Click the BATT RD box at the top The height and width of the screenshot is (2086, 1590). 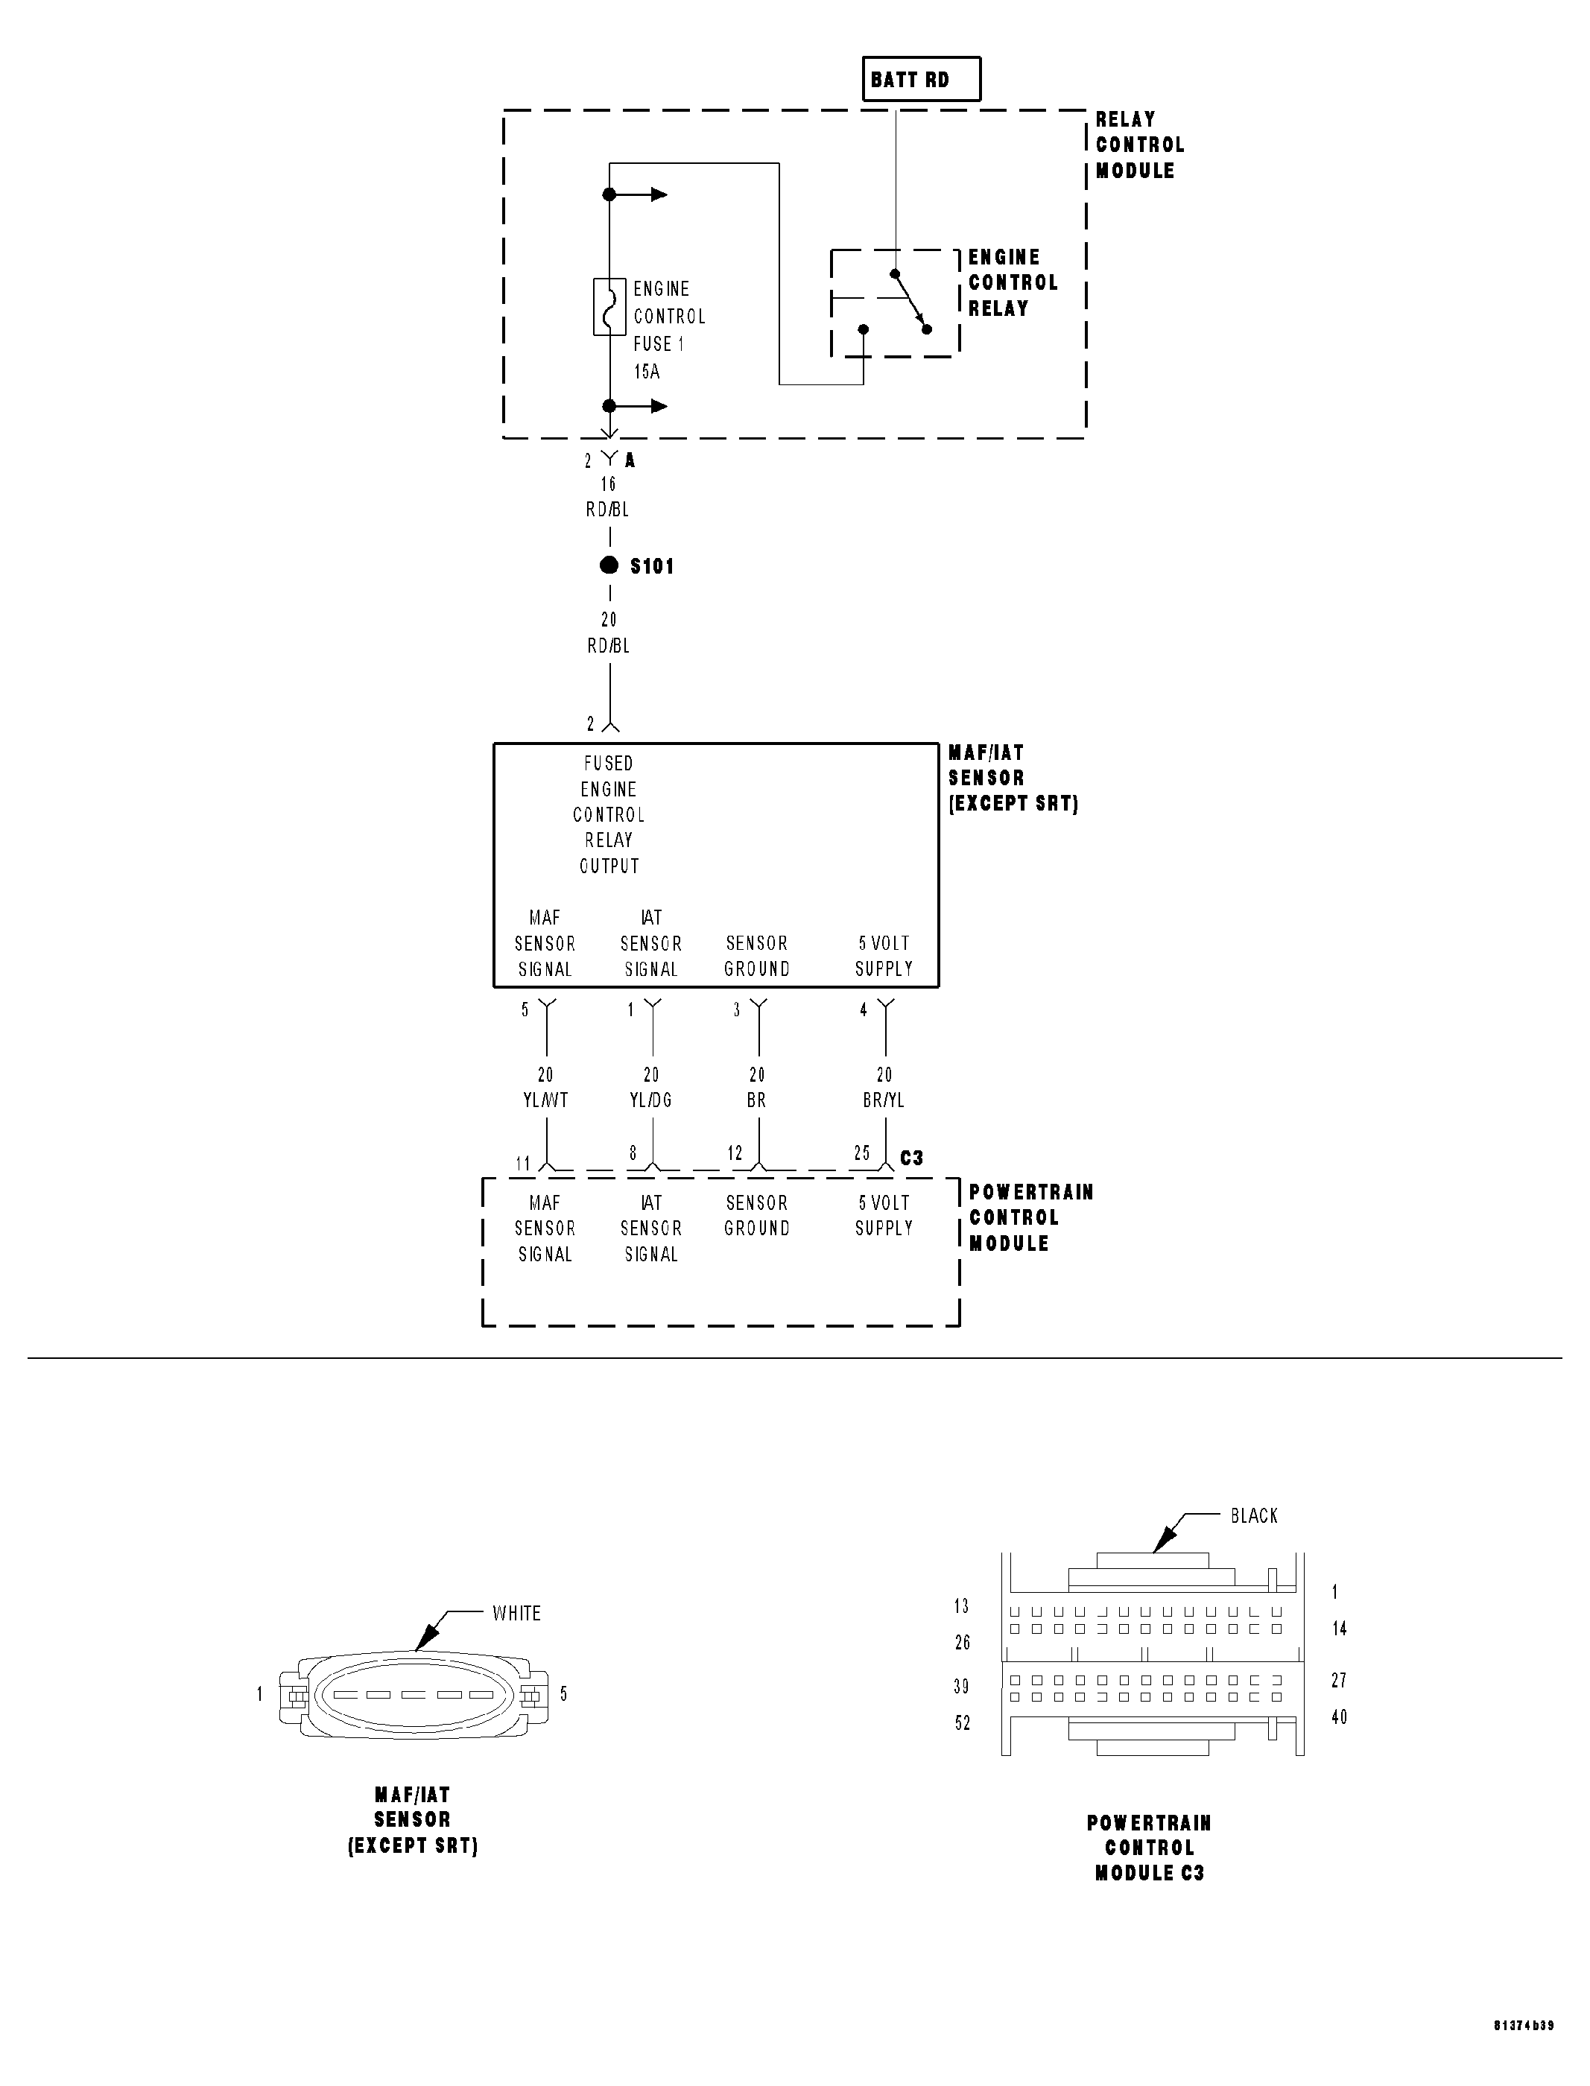click(x=921, y=80)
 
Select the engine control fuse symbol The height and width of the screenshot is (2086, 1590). click(x=609, y=307)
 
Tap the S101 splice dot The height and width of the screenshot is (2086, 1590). click(x=609, y=565)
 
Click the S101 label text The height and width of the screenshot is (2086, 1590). click(x=652, y=566)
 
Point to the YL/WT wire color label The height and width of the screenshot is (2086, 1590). click(x=545, y=1100)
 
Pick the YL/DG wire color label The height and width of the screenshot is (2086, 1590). click(x=651, y=1100)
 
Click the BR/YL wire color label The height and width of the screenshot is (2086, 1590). click(x=883, y=1100)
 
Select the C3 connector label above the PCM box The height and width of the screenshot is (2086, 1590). click(x=911, y=1158)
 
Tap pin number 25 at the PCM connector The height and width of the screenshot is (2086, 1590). click(x=861, y=1153)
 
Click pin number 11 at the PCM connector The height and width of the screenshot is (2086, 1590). click(x=522, y=1163)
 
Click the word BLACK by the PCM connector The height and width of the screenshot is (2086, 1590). click(x=1254, y=1515)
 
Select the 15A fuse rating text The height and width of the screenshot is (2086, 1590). click(x=647, y=371)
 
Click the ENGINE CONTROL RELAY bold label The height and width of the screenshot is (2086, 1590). click(x=1013, y=282)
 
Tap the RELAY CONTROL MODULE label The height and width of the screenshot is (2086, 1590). click(x=1139, y=145)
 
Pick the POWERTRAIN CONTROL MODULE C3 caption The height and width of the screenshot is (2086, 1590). click(x=1149, y=1847)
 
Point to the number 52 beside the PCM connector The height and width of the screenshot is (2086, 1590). click(x=963, y=1722)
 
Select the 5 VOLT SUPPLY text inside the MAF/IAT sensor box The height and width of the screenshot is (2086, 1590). click(x=883, y=956)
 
